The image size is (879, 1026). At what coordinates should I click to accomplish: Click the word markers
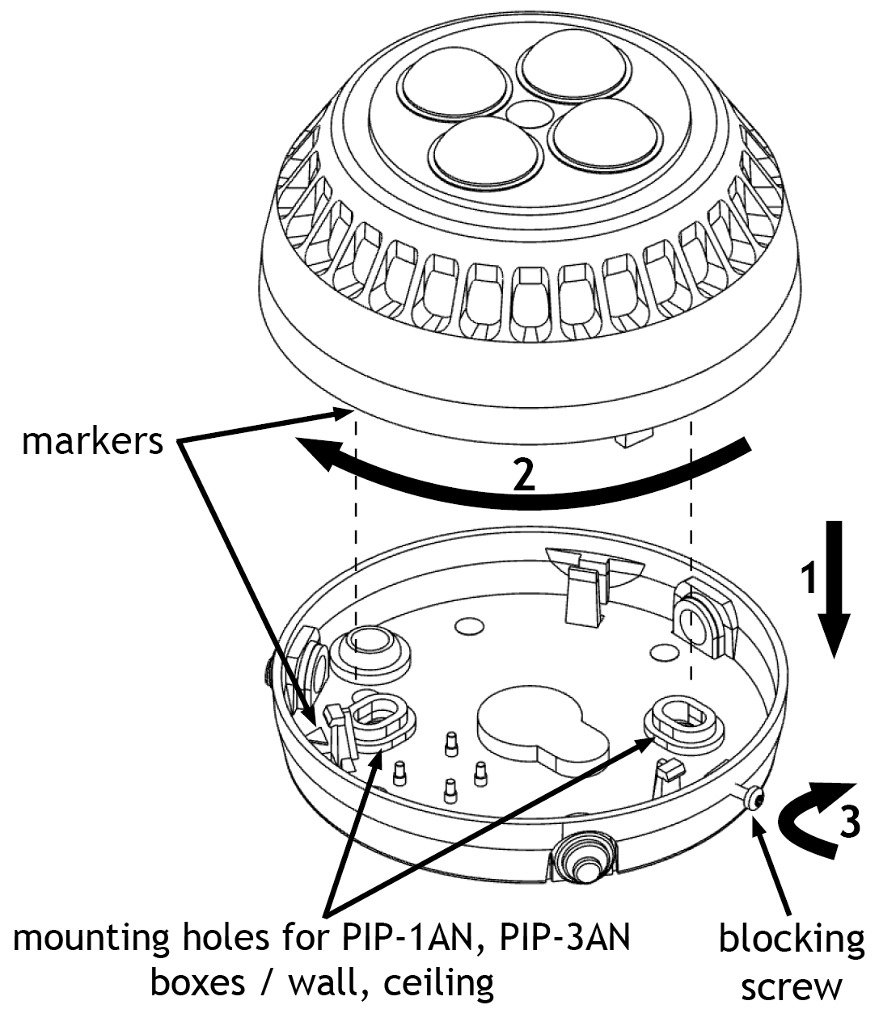point(92,442)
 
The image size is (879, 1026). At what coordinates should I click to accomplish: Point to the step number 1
point(809,578)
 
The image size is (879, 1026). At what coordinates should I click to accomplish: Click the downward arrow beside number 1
point(834,589)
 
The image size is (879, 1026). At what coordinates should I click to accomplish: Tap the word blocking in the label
point(791,943)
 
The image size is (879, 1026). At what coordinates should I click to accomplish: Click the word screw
point(791,989)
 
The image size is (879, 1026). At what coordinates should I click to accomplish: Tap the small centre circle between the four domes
point(529,112)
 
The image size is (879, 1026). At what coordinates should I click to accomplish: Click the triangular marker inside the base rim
point(317,735)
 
